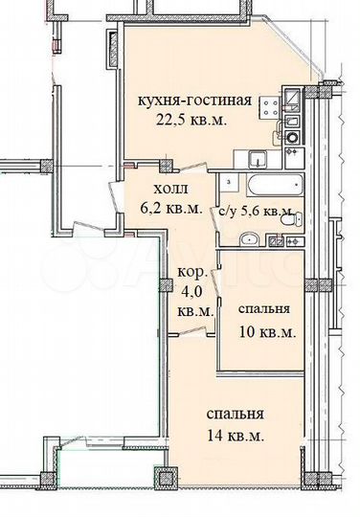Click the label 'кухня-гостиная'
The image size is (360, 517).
click(196, 101)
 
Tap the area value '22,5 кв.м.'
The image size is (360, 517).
click(193, 121)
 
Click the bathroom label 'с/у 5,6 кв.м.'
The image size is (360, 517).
click(254, 211)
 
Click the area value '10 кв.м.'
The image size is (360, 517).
click(265, 332)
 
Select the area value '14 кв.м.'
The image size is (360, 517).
click(236, 436)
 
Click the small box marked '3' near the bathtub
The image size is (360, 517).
click(230, 180)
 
